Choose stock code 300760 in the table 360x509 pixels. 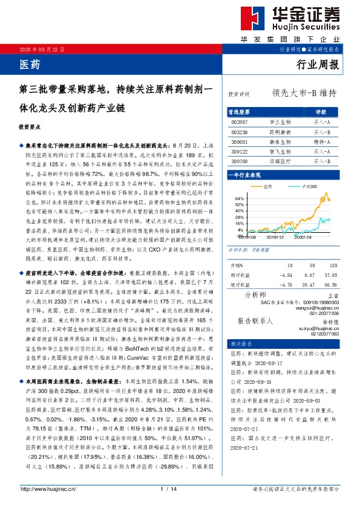[240, 161]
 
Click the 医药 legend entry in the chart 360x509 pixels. [269, 187]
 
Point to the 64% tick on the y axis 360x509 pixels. [239, 198]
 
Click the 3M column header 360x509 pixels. [310, 265]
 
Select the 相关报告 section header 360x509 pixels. [237, 343]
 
